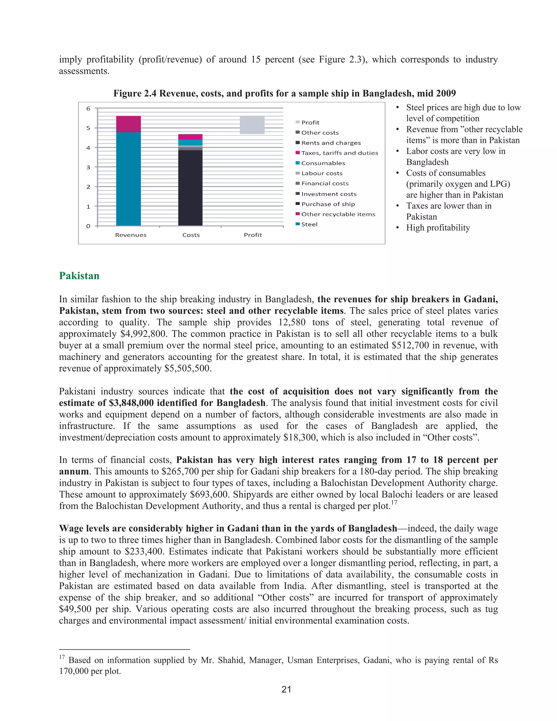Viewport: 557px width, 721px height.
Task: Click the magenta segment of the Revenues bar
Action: pos(128,124)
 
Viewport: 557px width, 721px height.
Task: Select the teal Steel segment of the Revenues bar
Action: pos(128,178)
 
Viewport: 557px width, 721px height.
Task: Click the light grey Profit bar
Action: pos(252,125)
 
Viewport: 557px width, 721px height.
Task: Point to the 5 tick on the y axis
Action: pos(88,128)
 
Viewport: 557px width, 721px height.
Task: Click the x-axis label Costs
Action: pos(191,235)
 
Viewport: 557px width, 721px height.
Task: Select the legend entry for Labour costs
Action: pos(322,173)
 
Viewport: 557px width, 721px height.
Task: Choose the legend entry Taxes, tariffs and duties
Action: pos(339,153)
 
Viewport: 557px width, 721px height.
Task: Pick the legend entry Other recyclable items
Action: pos(338,214)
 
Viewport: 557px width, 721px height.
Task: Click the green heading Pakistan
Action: pos(79,276)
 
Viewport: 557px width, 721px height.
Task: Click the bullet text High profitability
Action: pos(438,228)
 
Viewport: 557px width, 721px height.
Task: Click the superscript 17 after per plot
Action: pos(394,503)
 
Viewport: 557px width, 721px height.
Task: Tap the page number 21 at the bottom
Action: pos(286,689)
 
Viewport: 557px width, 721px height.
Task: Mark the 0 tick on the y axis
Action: pos(88,226)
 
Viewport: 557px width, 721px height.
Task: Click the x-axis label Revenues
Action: pos(131,235)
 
